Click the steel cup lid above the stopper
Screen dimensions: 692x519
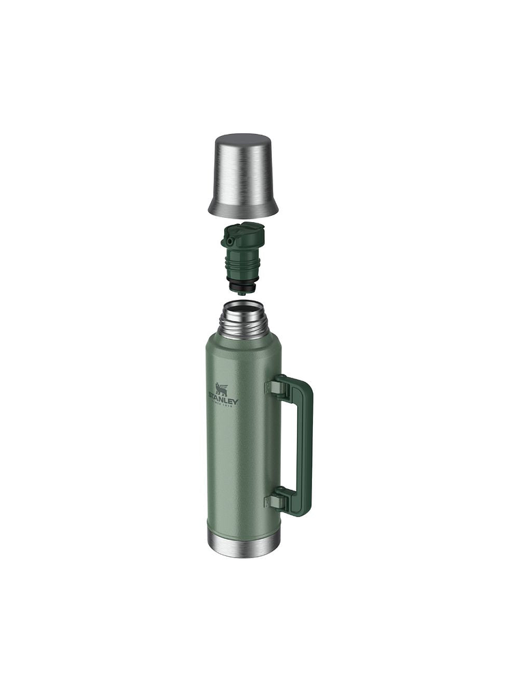coord(244,171)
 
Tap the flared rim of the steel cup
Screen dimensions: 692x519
coord(244,208)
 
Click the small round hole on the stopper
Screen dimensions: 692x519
coord(230,240)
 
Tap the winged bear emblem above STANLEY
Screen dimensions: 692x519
coord(223,389)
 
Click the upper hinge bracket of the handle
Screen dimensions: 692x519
coord(274,387)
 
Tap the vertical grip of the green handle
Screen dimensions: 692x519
coord(305,444)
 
